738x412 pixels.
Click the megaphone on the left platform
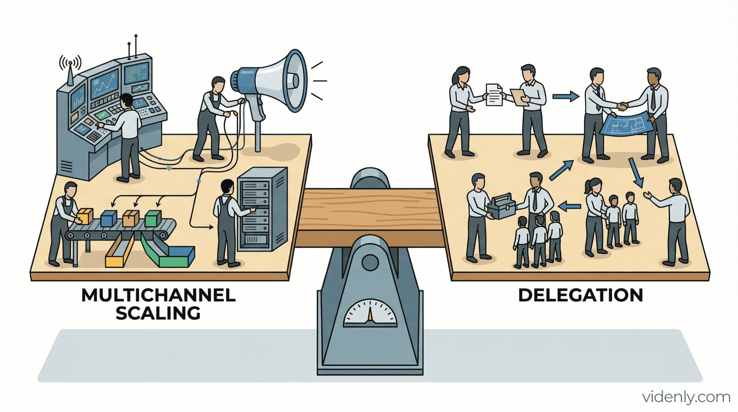point(277,82)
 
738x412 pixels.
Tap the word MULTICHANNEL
point(159,296)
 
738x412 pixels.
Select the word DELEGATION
point(581,296)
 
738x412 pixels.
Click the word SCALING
point(158,313)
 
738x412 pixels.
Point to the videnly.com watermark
point(686,397)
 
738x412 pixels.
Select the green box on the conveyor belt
point(153,218)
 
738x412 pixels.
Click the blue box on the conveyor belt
point(108,218)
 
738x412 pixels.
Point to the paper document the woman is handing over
point(494,95)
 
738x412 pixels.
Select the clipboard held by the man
point(519,97)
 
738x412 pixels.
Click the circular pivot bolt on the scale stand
point(370,262)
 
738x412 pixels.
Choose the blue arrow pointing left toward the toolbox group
point(569,206)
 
